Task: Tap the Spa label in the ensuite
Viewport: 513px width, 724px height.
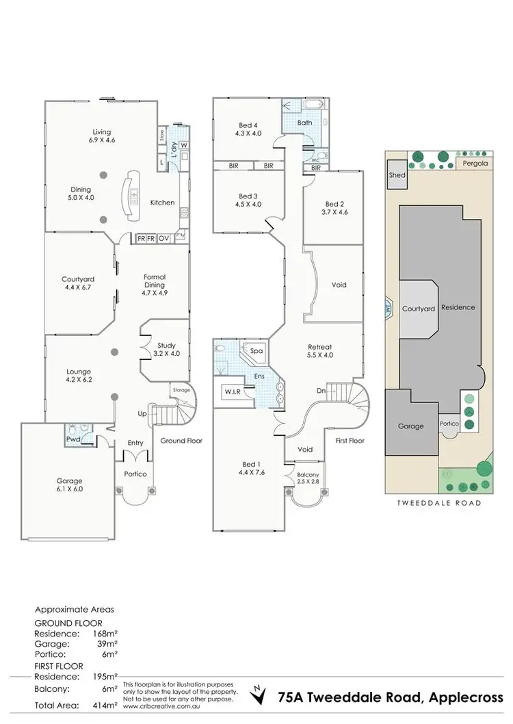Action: tap(256, 351)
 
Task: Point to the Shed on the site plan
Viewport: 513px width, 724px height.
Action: tap(397, 175)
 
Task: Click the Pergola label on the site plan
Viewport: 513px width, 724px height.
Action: tap(473, 164)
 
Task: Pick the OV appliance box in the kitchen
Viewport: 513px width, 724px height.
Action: tap(163, 238)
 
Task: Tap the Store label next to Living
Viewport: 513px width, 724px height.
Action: tap(161, 134)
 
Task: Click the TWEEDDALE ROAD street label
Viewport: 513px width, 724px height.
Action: tap(438, 502)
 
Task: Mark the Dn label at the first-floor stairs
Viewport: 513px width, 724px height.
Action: tap(322, 391)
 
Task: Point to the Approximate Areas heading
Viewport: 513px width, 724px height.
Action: tap(75, 608)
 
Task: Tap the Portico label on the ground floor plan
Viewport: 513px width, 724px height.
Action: tap(135, 474)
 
